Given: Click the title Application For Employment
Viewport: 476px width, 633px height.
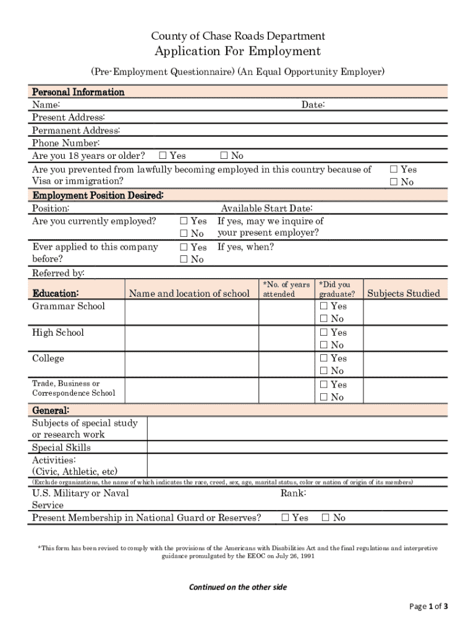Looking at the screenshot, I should (237, 51).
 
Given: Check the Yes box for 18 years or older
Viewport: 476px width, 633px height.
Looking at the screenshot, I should (163, 156).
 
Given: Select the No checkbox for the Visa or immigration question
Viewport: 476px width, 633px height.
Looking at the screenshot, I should (393, 182).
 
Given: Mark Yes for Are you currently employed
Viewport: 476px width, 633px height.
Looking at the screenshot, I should (183, 221).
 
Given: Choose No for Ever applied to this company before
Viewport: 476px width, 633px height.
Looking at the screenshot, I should (183, 260).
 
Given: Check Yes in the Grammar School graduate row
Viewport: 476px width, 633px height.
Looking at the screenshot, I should (323, 306).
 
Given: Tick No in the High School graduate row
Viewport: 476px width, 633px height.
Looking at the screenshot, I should (323, 346).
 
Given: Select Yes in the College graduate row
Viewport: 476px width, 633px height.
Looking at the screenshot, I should (323, 359).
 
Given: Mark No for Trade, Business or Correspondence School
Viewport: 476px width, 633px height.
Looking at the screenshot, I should (323, 397).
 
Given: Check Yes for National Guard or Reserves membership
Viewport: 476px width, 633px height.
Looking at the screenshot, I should (285, 518).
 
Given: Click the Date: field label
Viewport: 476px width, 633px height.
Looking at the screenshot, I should (313, 105).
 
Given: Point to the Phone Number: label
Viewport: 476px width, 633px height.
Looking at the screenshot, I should (62, 143).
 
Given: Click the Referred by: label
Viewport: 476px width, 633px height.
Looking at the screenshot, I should (58, 273).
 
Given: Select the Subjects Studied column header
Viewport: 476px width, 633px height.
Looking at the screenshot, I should (404, 294).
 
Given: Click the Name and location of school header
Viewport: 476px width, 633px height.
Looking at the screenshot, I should (189, 294).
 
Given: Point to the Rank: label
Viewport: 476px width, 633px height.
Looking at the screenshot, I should (294, 493).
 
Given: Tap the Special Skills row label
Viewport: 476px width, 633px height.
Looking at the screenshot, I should (61, 448).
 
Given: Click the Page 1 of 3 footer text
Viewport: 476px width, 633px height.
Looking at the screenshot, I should (428, 606).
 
